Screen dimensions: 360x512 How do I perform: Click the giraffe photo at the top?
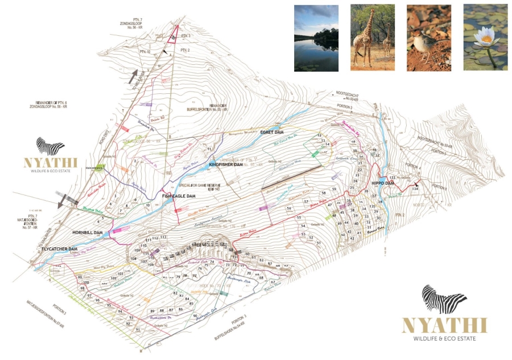[373, 38]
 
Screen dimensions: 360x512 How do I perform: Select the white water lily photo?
[485, 38]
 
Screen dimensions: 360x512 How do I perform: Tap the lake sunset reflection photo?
[316, 38]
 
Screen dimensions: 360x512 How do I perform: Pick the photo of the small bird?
[429, 38]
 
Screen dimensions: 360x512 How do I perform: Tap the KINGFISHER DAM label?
[226, 165]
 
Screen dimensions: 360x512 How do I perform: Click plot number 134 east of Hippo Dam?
[415, 188]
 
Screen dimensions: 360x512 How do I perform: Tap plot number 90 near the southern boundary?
[195, 316]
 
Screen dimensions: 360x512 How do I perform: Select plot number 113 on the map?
[163, 237]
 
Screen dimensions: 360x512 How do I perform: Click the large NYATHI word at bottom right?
[444, 325]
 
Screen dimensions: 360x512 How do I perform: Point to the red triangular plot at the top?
[172, 35]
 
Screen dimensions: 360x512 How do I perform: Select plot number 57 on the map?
[306, 201]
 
